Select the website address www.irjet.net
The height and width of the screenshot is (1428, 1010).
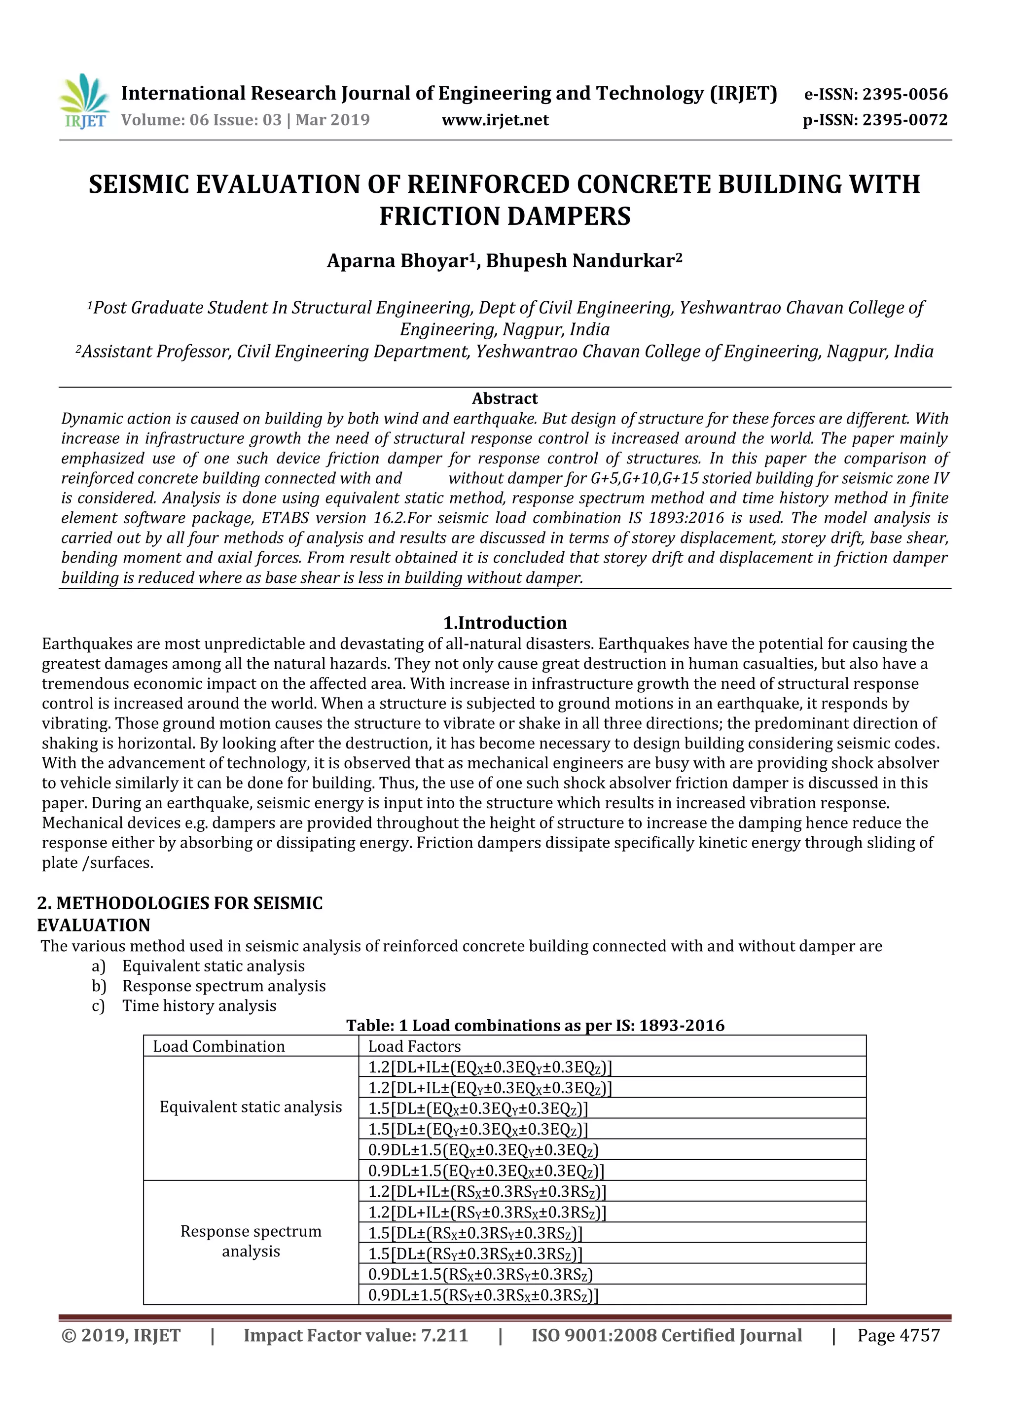[495, 120]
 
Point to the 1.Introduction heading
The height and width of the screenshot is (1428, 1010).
[505, 623]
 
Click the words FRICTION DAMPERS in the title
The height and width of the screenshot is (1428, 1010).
[505, 216]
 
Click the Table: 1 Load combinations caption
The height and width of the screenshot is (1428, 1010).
[535, 1026]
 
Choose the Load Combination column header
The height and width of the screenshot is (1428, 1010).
[219, 1046]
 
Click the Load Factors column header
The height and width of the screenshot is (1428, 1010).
[414, 1046]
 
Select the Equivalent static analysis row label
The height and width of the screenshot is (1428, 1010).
[251, 1107]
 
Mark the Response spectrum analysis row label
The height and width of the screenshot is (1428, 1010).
[251, 1241]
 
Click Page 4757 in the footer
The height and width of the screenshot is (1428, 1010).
[898, 1335]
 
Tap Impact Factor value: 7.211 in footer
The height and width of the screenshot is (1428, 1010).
[355, 1335]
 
